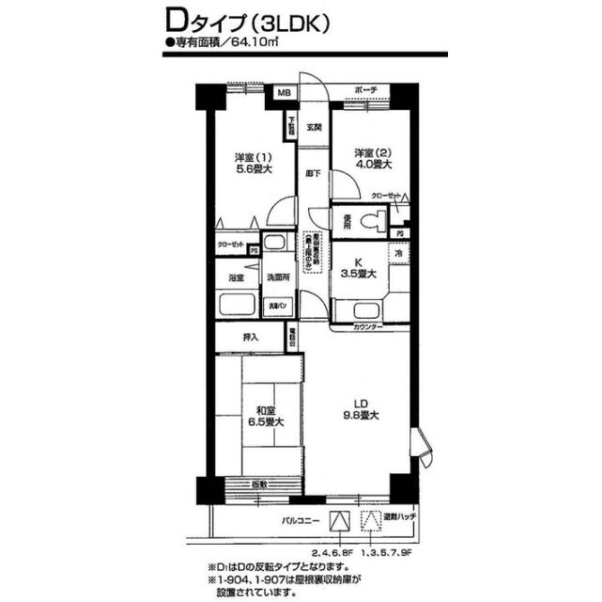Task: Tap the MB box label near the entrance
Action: pyautogui.click(x=284, y=92)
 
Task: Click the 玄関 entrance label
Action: pyautogui.click(x=315, y=127)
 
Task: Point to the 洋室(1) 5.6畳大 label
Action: pyautogui.click(x=254, y=163)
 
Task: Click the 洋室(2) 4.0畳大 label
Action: pyautogui.click(x=373, y=158)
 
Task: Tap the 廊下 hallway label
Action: pyautogui.click(x=314, y=174)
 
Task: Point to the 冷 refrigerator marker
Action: pyautogui.click(x=398, y=255)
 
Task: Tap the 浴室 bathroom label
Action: pyautogui.click(x=236, y=278)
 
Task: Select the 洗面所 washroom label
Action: pyautogui.click(x=279, y=278)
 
